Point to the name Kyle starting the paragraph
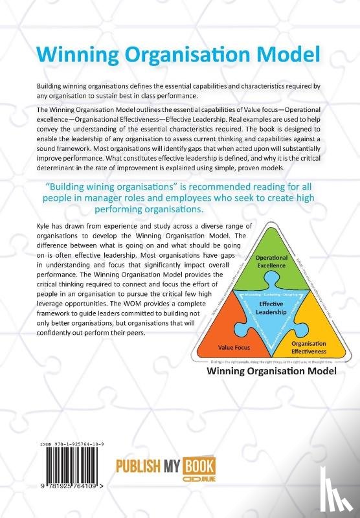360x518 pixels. coord(47,224)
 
